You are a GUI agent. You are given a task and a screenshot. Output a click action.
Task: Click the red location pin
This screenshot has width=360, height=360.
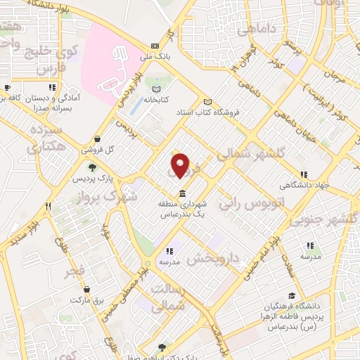[x=181, y=165]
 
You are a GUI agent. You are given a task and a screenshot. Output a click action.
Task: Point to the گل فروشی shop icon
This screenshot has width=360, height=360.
[x=105, y=139]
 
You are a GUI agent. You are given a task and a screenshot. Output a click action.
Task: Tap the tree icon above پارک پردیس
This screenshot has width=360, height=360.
[x=92, y=167]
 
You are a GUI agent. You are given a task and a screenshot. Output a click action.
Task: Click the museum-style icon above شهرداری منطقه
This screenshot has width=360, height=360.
[x=182, y=193]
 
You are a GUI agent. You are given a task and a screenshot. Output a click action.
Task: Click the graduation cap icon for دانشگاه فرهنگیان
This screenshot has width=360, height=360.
[x=291, y=296]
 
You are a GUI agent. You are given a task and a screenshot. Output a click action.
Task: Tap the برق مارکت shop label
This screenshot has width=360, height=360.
[x=86, y=300]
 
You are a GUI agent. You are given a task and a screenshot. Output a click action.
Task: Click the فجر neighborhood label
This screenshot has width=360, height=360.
[x=72, y=270]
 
